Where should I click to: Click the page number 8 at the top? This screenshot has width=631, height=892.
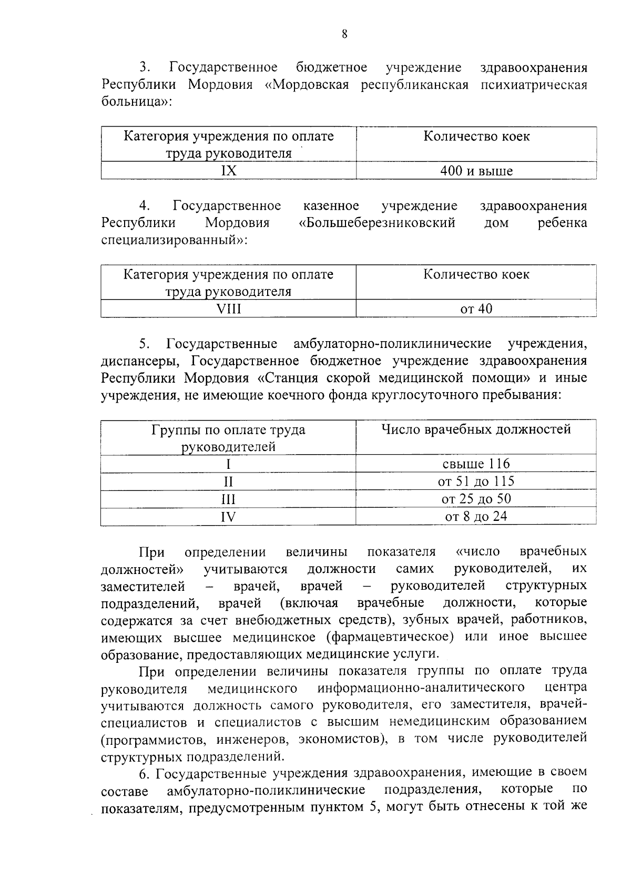(344, 34)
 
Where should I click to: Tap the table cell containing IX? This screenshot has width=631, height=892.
(228, 171)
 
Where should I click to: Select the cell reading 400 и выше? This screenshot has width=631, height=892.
(476, 171)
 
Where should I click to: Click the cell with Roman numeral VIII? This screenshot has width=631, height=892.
(228, 309)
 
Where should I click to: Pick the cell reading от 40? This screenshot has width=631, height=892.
(476, 309)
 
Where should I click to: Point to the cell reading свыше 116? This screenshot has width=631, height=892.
(476, 464)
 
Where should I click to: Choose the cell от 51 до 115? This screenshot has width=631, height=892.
(476, 481)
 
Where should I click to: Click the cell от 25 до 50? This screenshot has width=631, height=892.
(476, 498)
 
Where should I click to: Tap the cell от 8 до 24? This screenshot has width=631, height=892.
(476, 516)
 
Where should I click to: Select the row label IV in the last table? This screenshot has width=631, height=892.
(228, 517)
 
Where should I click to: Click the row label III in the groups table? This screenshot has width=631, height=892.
(228, 499)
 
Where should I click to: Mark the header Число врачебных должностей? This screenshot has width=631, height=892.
(476, 429)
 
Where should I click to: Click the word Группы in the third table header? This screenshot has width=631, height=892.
(171, 430)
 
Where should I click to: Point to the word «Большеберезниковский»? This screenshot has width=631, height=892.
(376, 223)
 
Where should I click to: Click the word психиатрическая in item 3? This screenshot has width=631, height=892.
(534, 85)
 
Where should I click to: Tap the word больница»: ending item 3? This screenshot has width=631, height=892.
(136, 102)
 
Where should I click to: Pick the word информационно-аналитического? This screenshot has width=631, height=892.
(421, 688)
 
